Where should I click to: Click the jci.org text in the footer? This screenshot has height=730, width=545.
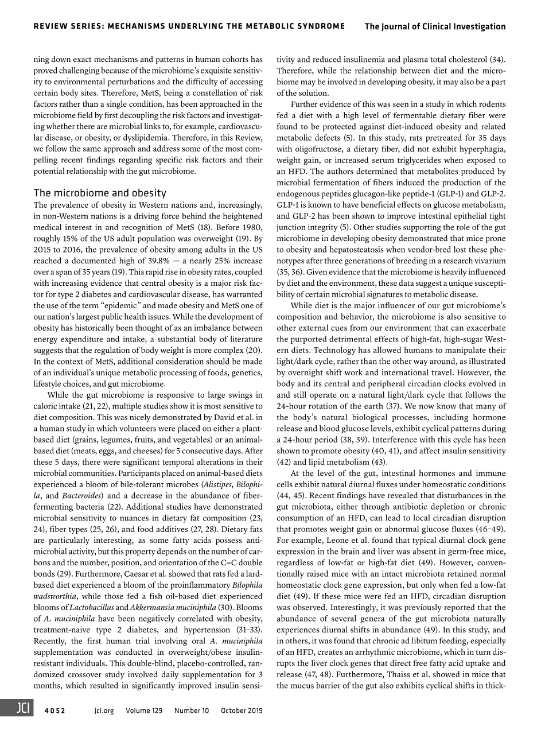coord(104,710)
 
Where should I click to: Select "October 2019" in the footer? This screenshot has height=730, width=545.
coord(242,710)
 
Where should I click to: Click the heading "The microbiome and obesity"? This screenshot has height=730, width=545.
coord(100,193)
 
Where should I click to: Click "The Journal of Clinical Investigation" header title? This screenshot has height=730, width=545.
coord(435,26)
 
